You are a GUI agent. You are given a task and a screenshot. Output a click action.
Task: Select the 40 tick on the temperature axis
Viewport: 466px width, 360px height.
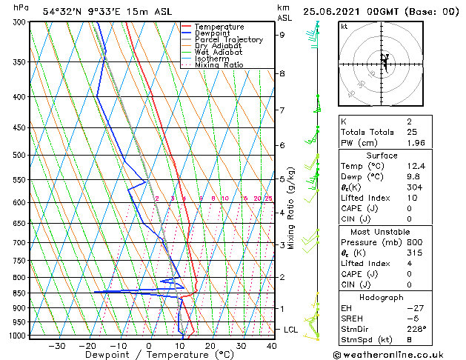(271, 346)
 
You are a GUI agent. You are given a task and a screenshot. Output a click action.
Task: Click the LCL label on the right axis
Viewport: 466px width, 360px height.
(290, 329)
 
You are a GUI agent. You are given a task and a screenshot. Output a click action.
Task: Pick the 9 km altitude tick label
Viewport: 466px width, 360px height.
(282, 35)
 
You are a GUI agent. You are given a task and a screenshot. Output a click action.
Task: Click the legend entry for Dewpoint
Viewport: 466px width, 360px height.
(219, 33)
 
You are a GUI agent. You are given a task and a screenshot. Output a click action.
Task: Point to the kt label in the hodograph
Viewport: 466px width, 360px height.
(344, 27)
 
